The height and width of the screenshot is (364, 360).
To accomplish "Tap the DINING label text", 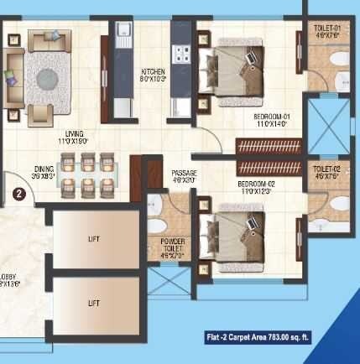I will coord(44,172).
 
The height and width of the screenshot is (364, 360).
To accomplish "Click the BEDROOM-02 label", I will coord(255,187).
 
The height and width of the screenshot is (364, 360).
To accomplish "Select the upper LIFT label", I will coord(94,238).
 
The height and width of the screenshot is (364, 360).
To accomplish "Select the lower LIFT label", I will coord(94,303).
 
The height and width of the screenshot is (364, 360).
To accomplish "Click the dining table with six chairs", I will coord(89,173).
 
